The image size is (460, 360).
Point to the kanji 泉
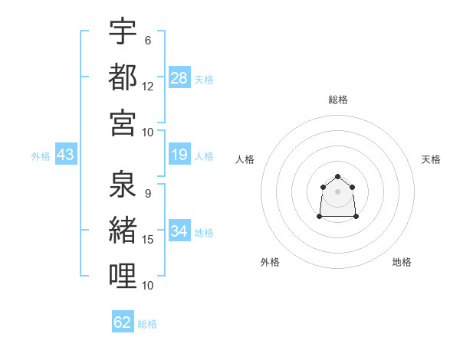(x=123, y=185)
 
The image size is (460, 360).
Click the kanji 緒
(x=123, y=230)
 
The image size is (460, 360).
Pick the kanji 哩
(x=123, y=275)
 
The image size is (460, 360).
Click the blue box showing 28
(x=179, y=78)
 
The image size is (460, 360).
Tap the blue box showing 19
(x=179, y=155)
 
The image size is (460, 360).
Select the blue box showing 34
(x=179, y=231)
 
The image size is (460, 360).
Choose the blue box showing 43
(x=65, y=155)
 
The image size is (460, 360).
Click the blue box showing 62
(x=123, y=322)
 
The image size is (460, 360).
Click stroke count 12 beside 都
(x=148, y=86)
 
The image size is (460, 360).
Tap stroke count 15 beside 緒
(x=148, y=240)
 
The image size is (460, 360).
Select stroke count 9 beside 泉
(x=147, y=194)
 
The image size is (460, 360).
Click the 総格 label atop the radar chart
(x=337, y=100)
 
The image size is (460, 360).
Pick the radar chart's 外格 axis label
(x=270, y=262)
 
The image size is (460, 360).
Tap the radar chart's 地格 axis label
(x=402, y=262)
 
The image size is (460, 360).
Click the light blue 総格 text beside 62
(x=147, y=324)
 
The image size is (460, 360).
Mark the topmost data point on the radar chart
(x=337, y=177)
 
